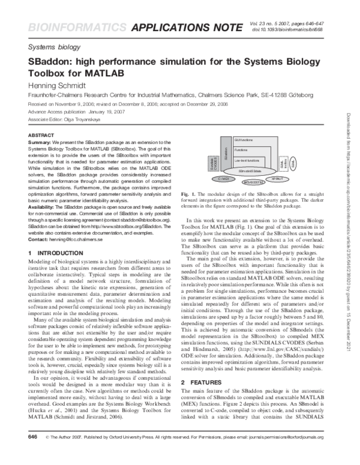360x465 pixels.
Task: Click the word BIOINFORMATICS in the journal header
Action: (x=60, y=26)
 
